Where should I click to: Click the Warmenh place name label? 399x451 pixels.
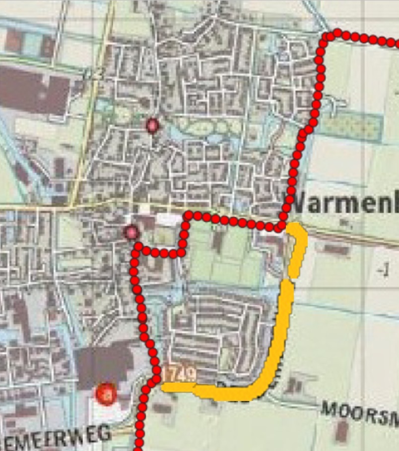tap(342, 203)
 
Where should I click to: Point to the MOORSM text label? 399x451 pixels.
tap(360, 414)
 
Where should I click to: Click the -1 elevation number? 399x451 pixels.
tap(382, 271)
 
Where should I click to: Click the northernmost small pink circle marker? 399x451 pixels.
tap(152, 126)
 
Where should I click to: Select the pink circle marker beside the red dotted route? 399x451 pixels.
tap(131, 231)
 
